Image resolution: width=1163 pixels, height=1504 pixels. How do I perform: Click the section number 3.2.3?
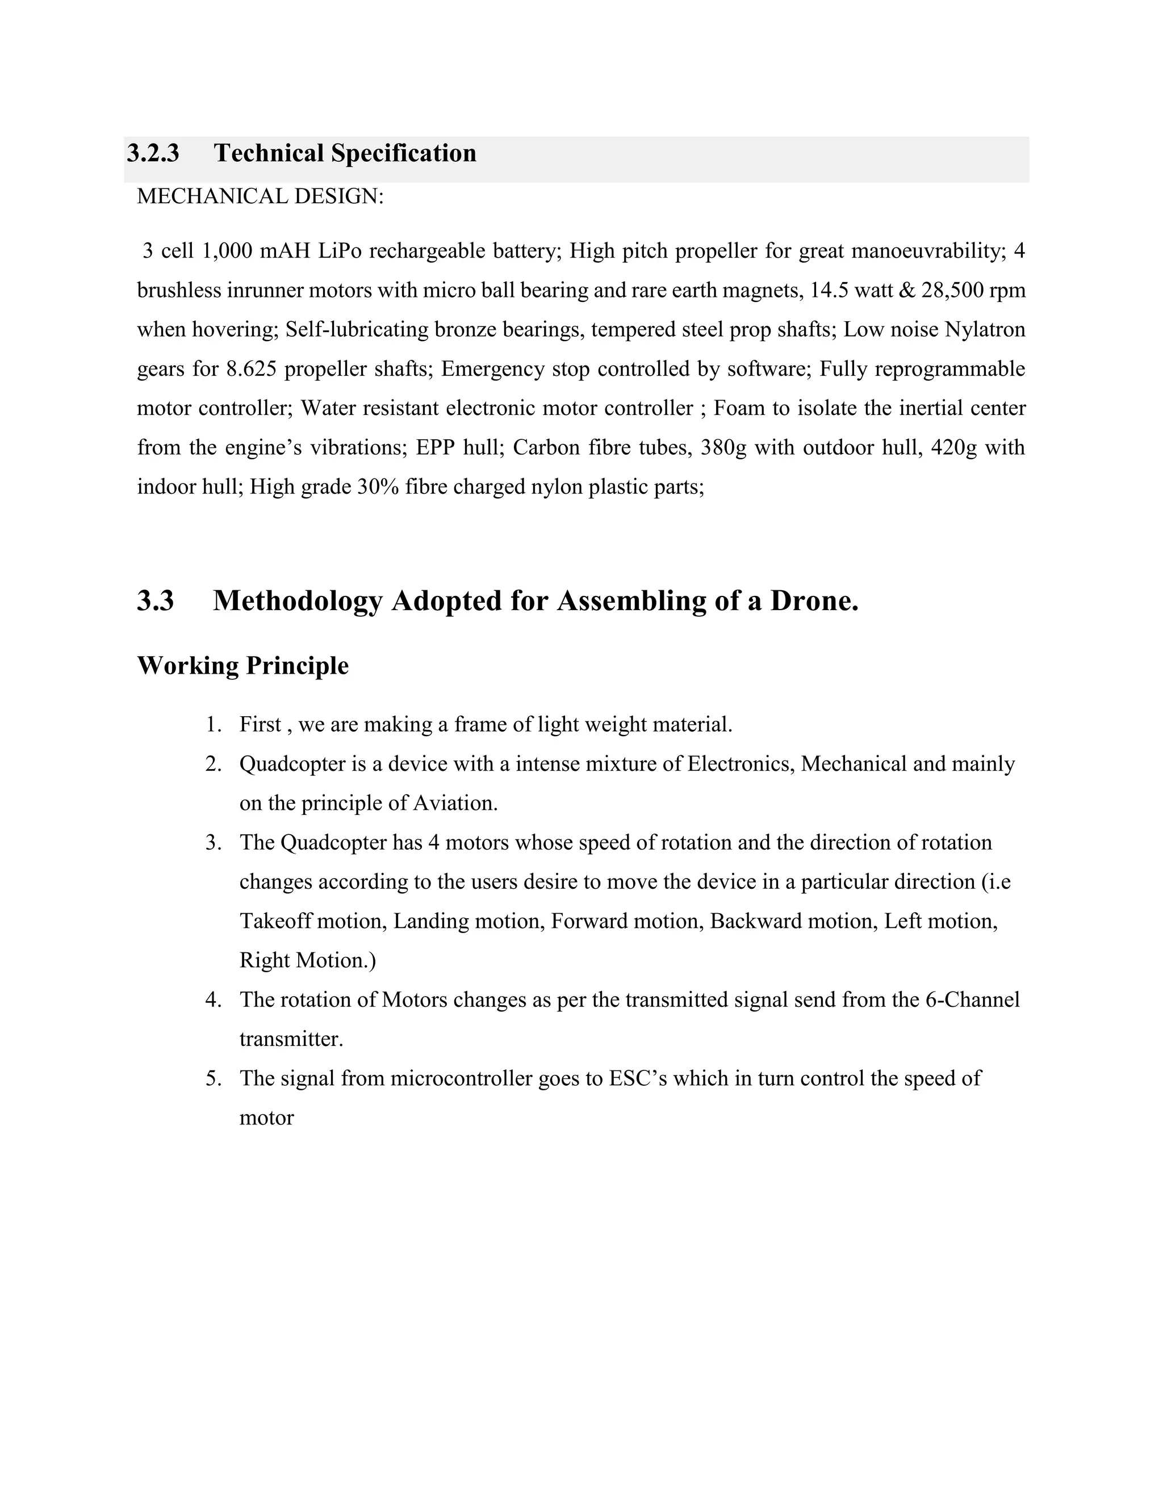[x=153, y=153]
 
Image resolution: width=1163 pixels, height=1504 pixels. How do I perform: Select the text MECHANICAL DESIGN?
[x=260, y=196]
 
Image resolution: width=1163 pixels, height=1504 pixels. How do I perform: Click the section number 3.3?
[x=156, y=600]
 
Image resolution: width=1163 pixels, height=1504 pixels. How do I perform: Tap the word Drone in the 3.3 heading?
[x=813, y=600]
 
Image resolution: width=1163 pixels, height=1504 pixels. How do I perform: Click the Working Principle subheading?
[x=242, y=665]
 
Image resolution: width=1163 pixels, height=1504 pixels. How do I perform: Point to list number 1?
[x=213, y=724]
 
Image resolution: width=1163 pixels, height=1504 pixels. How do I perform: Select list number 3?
[x=213, y=842]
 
